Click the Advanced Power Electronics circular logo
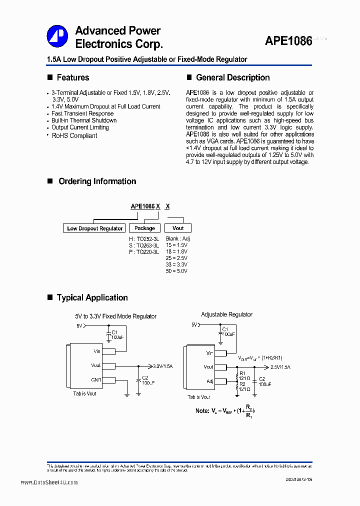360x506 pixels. click(57, 36)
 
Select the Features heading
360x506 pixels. click(73, 77)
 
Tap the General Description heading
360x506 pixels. click(232, 77)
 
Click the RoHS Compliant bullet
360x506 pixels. click(74, 135)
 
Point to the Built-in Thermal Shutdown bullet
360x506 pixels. click(84, 120)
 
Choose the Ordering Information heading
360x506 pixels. click(97, 181)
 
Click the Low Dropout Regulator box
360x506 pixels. click(95, 228)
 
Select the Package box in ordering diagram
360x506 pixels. click(144, 228)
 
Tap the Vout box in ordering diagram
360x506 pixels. click(178, 228)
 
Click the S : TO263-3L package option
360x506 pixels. click(144, 245)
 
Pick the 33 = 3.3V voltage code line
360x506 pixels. click(176, 264)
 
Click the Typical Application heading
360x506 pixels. click(92, 297)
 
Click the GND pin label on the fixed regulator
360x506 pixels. click(95, 380)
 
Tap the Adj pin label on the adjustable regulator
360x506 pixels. click(209, 381)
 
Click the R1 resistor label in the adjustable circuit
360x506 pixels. click(243, 373)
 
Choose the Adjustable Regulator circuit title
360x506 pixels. click(226, 314)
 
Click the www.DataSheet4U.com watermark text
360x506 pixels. click(49, 482)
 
